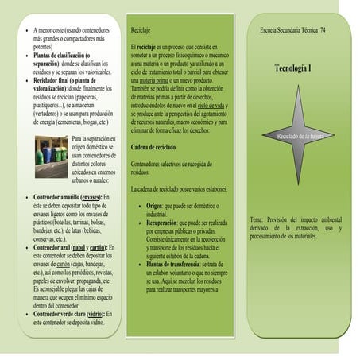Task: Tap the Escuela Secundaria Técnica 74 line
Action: pos(292,29)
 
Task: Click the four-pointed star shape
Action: pos(299,134)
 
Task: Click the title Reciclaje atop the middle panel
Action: pos(142,29)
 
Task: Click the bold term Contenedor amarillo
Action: pos(56,195)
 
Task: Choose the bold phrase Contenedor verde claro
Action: pos(62,314)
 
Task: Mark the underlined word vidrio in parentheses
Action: pos(99,314)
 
